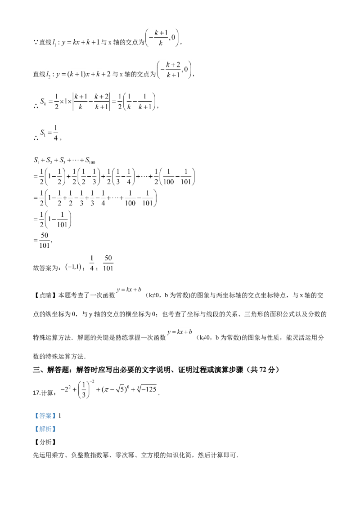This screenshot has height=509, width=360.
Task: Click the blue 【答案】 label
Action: tap(45, 415)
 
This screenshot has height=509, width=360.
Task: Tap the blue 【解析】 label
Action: tap(45, 429)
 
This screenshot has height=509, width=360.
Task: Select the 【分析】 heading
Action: tap(45, 442)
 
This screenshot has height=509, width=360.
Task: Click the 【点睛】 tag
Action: tap(45, 295)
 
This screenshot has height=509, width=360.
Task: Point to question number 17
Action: tap(36, 393)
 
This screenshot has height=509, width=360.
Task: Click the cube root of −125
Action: tap(147, 389)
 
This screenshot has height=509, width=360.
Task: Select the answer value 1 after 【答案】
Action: tap(60, 415)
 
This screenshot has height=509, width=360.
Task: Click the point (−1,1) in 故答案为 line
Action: tap(73, 267)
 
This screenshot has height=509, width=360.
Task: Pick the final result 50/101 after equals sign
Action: tap(45, 240)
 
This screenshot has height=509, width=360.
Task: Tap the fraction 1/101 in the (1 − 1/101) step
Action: tap(62, 219)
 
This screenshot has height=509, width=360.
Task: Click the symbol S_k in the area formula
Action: tap(43, 102)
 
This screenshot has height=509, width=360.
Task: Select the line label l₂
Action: tap(48, 75)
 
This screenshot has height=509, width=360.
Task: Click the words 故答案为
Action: tap(45, 268)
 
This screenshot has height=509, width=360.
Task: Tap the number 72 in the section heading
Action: tap(263, 370)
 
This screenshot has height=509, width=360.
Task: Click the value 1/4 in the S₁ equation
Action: tap(55, 133)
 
